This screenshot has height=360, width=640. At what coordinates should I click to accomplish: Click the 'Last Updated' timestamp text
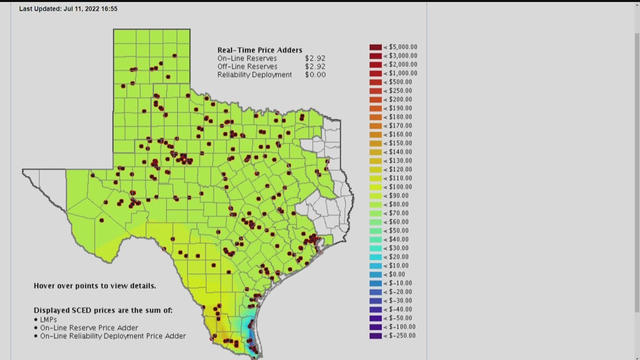68,9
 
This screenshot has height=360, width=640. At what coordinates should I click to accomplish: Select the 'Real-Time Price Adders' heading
259,50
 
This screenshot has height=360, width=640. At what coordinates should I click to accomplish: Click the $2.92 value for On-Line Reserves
315,58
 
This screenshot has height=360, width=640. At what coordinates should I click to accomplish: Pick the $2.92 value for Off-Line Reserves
315,66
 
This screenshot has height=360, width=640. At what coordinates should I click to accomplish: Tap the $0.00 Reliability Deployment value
315,75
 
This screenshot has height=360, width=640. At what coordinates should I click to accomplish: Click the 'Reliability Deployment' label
254,75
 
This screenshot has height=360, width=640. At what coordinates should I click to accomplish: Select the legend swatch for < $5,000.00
376,47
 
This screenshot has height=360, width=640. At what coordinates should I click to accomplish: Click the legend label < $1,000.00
400,74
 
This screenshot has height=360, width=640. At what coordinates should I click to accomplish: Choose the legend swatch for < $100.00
376,187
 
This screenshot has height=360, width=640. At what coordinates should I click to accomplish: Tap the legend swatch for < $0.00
376,275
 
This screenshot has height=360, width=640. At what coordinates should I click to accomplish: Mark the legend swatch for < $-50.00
376,318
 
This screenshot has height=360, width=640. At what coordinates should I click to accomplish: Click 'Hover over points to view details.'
95,286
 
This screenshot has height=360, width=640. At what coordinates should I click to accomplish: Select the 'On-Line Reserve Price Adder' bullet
89,328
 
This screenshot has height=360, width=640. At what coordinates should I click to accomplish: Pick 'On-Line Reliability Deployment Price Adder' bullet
113,336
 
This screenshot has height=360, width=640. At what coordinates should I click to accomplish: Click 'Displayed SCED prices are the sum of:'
103,310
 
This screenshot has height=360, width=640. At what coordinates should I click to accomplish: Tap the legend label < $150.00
397,143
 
